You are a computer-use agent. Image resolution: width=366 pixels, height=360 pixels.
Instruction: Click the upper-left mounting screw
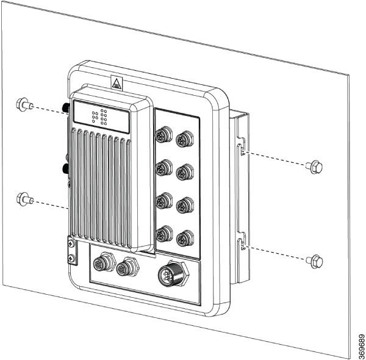pyautogui.click(x=24, y=104)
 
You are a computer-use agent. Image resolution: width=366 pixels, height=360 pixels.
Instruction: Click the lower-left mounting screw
pyautogui.click(x=24, y=198)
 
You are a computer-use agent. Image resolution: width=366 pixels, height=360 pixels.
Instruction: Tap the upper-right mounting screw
pyautogui.click(x=315, y=166)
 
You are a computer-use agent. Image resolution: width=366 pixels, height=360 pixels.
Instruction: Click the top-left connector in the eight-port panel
pyautogui.click(x=163, y=135)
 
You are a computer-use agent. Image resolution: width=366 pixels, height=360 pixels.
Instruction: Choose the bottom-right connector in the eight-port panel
pyautogui.click(x=181, y=237)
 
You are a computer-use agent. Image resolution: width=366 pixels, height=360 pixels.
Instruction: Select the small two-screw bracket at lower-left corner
pyautogui.click(x=71, y=251)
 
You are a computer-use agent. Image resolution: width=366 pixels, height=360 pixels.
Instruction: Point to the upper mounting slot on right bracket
pyautogui.click(x=242, y=148)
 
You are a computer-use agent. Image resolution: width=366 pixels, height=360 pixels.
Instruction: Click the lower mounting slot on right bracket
pyautogui.click(x=242, y=245)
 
